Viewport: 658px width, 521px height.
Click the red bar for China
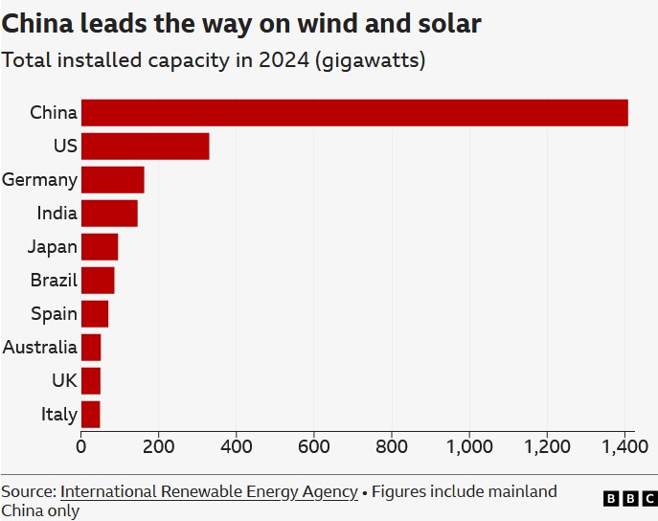[x=354, y=113]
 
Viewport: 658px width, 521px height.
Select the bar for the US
[x=145, y=147]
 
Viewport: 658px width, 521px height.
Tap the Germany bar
[x=112, y=180]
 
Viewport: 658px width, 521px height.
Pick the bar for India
[x=109, y=214]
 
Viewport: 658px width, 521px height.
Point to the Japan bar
[x=100, y=247]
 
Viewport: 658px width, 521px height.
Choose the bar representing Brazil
[x=98, y=281]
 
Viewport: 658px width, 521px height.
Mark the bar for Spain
[x=95, y=314]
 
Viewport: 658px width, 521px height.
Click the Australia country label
[x=39, y=348]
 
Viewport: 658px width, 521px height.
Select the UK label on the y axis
[x=64, y=381]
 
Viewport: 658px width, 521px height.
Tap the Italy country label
[x=58, y=415]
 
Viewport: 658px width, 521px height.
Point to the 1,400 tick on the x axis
[x=624, y=446]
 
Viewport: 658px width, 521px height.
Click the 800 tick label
[x=392, y=446]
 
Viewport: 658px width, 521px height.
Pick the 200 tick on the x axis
[x=159, y=446]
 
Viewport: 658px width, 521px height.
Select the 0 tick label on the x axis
[x=81, y=446]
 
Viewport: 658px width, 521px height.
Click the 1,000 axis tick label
[x=469, y=446]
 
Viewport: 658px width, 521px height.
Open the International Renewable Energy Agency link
[x=209, y=492]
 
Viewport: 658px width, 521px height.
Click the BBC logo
[x=630, y=499]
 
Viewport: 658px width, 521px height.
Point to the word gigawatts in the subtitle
[x=369, y=60]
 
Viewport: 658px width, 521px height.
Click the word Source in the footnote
[x=27, y=492]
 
